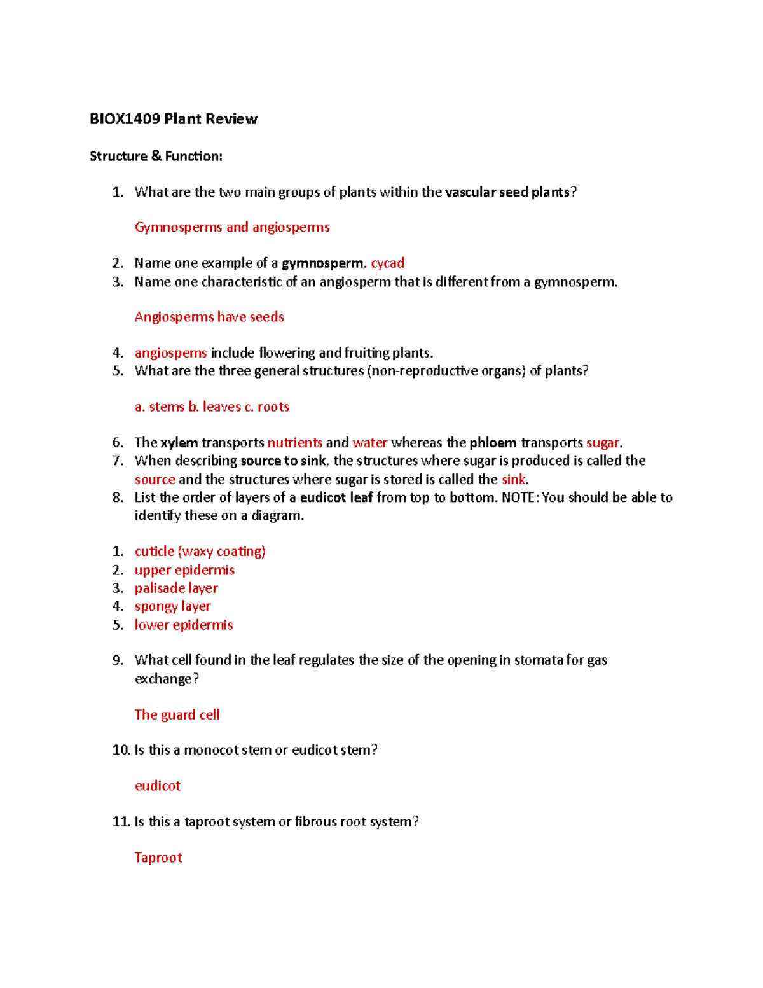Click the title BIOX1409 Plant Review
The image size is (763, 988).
(x=173, y=119)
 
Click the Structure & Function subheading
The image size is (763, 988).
(x=156, y=156)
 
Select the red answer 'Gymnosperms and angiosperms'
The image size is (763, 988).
(x=232, y=227)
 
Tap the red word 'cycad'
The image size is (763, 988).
(x=387, y=263)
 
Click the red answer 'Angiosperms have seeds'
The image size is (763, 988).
(x=209, y=317)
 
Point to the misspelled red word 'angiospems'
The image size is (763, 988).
(x=170, y=352)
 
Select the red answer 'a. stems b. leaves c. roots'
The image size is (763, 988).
(x=212, y=407)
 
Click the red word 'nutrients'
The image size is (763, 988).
(x=294, y=442)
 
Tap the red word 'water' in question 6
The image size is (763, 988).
(x=369, y=442)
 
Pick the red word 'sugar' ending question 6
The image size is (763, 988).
(x=602, y=442)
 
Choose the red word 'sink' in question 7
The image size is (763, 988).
(x=513, y=479)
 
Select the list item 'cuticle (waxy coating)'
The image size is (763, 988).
(x=200, y=551)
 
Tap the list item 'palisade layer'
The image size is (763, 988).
(x=176, y=588)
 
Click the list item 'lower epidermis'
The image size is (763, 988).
(x=183, y=625)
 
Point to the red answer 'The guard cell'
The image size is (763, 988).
(x=177, y=714)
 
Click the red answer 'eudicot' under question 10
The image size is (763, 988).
(x=157, y=786)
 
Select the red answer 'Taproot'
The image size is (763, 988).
(x=158, y=858)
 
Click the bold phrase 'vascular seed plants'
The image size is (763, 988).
(x=507, y=192)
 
